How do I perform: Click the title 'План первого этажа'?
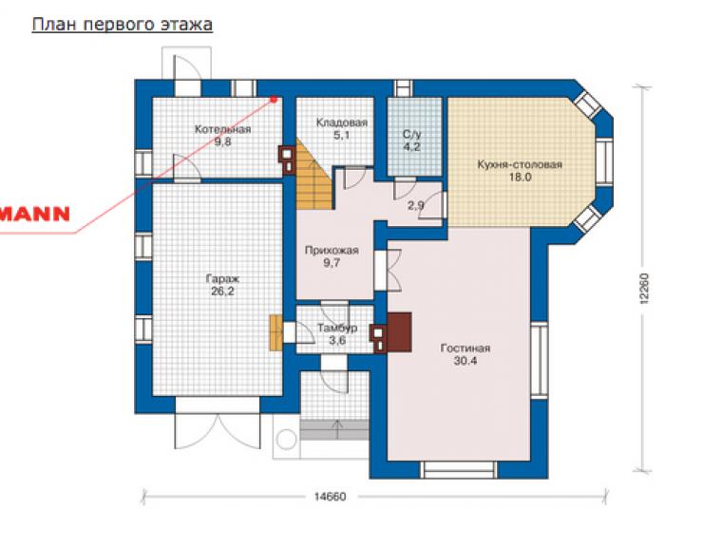point(122,24)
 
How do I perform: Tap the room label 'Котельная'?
point(223,129)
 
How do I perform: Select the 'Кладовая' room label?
point(342,123)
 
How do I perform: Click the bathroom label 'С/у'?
point(412,134)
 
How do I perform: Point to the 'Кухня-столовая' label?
point(520,164)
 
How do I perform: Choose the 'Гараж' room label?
point(223,279)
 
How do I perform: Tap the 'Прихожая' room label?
point(332,250)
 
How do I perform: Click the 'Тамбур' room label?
point(337,329)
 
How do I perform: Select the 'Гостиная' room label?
point(465,348)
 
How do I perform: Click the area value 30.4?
point(465,361)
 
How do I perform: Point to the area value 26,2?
point(223,292)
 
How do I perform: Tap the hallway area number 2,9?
point(415,206)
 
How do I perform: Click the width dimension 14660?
point(330,497)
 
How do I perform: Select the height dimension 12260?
point(644,290)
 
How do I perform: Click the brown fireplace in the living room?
point(399,331)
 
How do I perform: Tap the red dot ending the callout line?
point(274,99)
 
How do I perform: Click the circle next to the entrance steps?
point(286,440)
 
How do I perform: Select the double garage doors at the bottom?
point(218,431)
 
